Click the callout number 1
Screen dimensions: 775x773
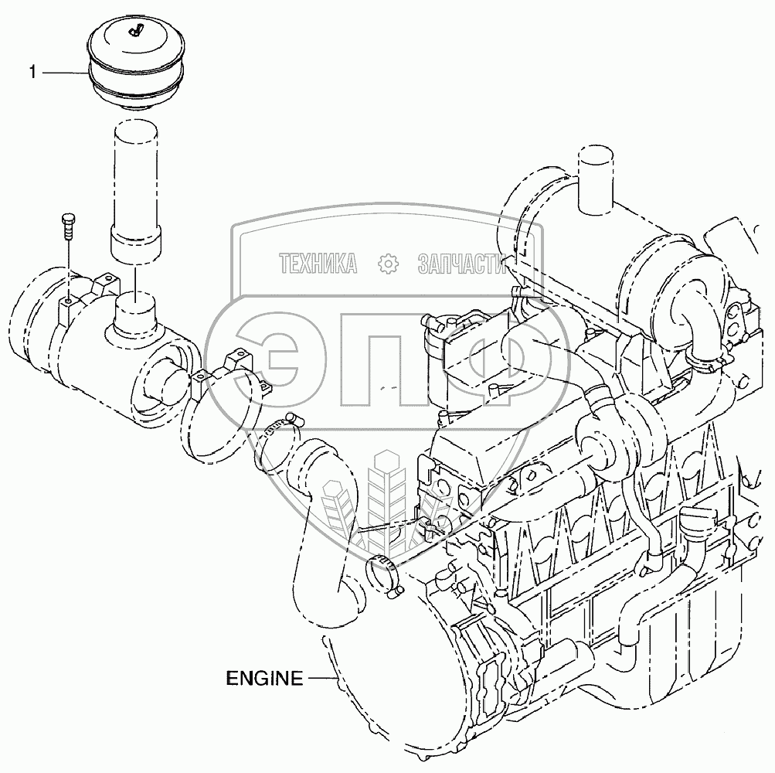click(32, 72)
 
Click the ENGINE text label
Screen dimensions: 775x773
click(264, 678)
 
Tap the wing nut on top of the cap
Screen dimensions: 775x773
click(134, 32)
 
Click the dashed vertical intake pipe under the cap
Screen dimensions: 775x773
click(135, 192)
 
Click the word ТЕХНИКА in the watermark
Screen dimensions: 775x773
click(318, 264)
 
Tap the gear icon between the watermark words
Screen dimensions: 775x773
click(388, 264)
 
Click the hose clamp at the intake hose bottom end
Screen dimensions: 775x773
click(386, 574)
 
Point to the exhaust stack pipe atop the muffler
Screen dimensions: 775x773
click(595, 180)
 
